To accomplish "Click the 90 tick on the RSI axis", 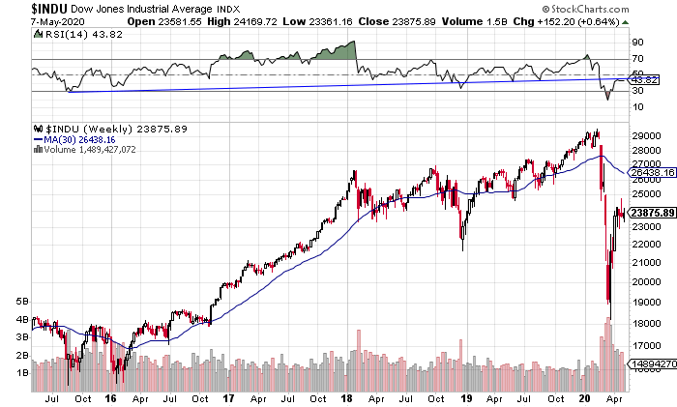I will (638, 43).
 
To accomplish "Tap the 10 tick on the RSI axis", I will (638, 107).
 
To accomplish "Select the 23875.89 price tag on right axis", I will (651, 214).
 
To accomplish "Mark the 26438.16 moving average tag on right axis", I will (651, 170).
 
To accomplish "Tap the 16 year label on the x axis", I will (113, 396).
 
